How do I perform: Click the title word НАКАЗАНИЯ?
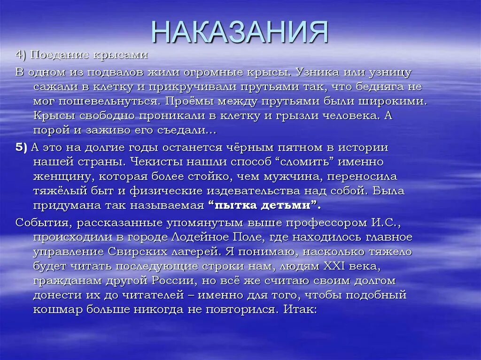click(x=240, y=31)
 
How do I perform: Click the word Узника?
click(x=313, y=73)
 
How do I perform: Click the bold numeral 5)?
click(x=22, y=147)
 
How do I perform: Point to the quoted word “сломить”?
click(x=296, y=162)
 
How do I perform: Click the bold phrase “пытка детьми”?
click(x=264, y=205)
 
